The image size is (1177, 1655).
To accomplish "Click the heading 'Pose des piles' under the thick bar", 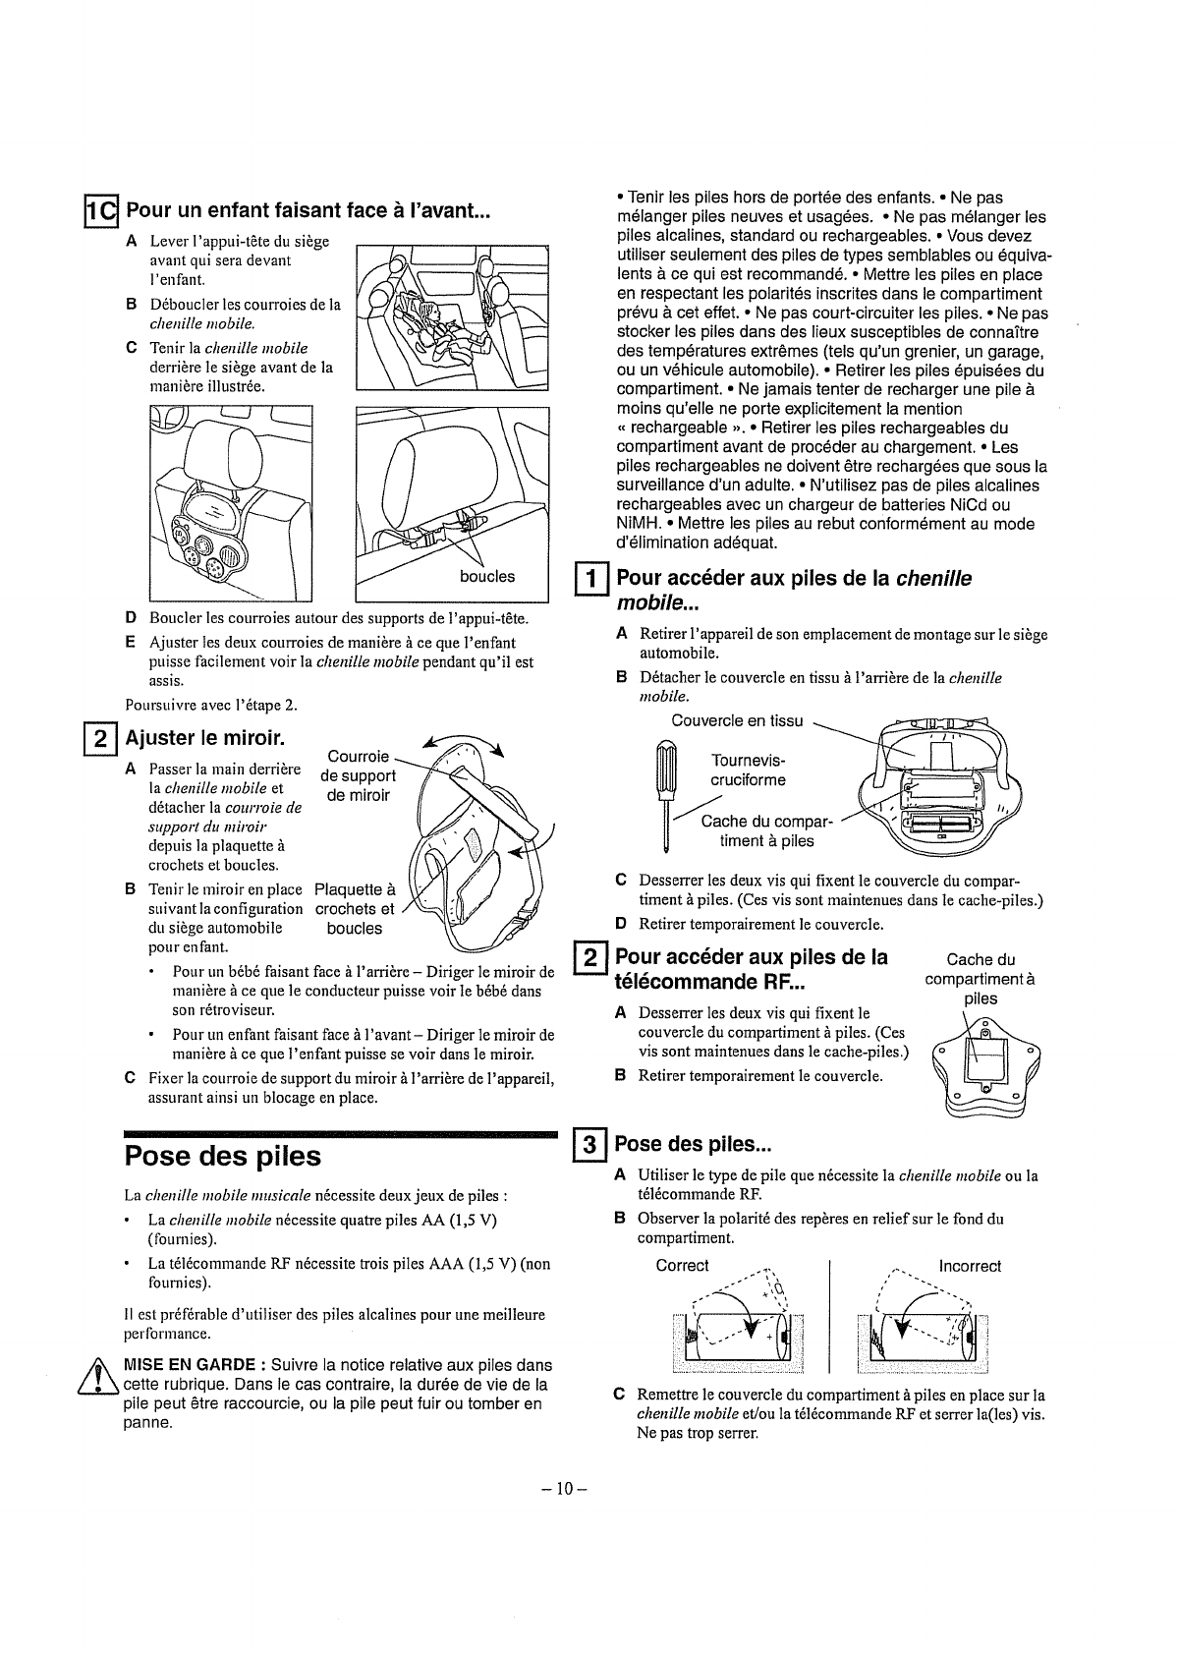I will (x=223, y=1156).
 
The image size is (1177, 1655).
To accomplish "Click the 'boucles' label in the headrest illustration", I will (x=486, y=576).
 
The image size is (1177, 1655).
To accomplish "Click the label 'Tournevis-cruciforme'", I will (x=748, y=770).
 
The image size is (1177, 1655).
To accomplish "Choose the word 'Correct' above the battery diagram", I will (x=682, y=1265).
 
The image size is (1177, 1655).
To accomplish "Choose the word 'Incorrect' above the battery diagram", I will (x=969, y=1266).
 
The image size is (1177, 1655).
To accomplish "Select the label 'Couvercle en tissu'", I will (x=737, y=720).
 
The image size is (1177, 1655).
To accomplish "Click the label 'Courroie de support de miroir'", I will (x=358, y=775).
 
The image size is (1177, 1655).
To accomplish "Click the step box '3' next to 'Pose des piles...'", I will (x=588, y=1145).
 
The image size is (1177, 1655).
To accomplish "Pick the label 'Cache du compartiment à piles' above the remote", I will (x=980, y=979).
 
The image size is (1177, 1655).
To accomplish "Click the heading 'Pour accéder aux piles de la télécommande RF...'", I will (x=752, y=969).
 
